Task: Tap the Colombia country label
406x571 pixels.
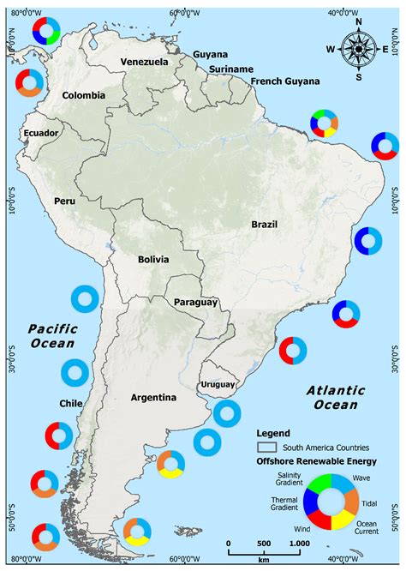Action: click(84, 95)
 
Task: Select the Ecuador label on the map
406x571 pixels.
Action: click(41, 133)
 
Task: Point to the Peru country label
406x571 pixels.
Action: click(66, 201)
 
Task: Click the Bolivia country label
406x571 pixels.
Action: click(153, 259)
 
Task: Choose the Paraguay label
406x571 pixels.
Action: click(196, 303)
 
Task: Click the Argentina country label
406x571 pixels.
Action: click(153, 397)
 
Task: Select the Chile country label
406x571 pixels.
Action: click(70, 403)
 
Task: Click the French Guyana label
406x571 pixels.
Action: click(285, 81)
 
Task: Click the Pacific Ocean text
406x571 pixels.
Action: click(51, 335)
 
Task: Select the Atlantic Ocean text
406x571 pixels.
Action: click(335, 397)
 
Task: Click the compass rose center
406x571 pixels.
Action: click(358, 48)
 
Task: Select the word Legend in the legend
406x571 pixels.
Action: click(272, 433)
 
